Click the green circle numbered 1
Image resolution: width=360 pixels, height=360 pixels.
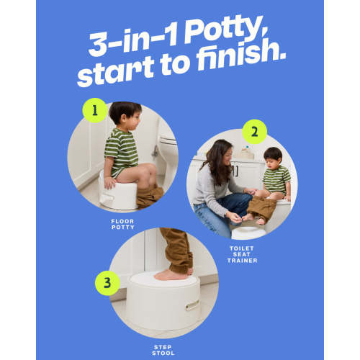tap(95, 110)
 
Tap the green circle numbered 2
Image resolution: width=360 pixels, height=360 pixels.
tap(254, 132)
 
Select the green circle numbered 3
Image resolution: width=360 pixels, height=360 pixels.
tap(107, 283)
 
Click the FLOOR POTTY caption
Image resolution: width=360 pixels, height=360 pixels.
tap(122, 224)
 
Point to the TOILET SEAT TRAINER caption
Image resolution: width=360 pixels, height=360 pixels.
tap(242, 254)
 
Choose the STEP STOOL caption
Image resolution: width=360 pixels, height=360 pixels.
tap(163, 350)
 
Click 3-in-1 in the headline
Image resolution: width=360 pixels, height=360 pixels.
tap(134, 41)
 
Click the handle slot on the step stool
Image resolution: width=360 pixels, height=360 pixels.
tap(192, 305)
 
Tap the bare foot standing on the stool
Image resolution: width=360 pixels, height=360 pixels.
tap(171, 275)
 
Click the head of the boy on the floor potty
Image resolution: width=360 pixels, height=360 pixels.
tap(125, 113)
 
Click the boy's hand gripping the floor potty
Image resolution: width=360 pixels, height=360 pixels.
tap(110, 183)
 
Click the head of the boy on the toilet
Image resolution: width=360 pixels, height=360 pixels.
tap(273, 158)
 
